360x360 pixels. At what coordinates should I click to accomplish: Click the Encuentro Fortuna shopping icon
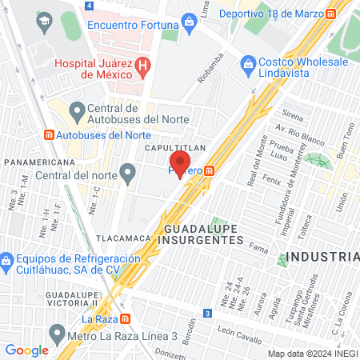coord(190,21)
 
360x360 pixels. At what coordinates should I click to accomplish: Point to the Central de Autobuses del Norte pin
coord(78,110)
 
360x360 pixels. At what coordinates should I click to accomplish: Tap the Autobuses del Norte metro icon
coord(49,134)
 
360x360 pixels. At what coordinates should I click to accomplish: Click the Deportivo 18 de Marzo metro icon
coord(330,14)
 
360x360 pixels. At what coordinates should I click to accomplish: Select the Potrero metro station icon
coord(210,170)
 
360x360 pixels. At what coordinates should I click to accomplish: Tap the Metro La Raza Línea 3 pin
coord(56,332)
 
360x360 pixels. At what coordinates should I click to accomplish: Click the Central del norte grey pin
coord(127,171)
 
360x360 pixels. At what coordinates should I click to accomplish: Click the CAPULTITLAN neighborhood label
coord(175,149)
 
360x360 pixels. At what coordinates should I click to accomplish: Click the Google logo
coord(27,350)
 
